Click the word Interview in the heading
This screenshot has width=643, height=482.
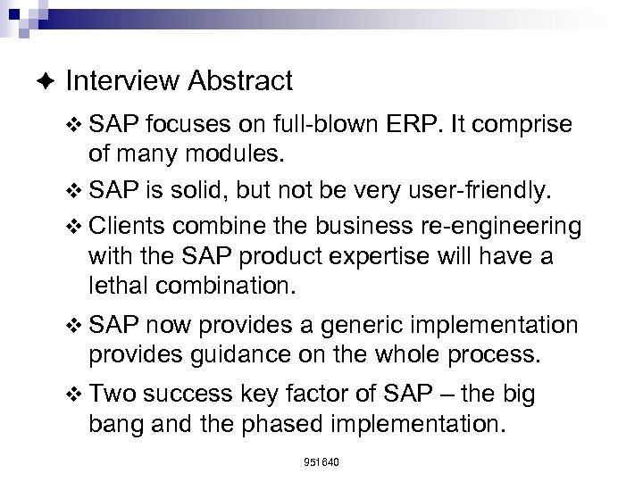tap(122, 81)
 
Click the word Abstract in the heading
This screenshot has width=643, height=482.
tap(240, 81)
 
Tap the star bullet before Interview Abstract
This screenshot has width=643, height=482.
tap(46, 82)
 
